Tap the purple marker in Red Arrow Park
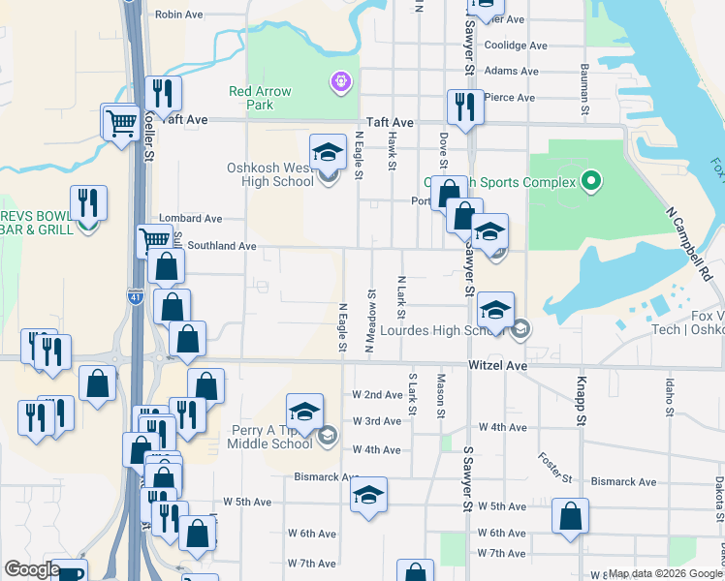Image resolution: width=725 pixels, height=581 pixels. click(340, 83)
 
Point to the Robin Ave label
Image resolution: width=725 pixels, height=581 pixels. click(179, 15)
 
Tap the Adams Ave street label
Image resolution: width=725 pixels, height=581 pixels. click(511, 71)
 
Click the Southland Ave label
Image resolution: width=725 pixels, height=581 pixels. click(221, 246)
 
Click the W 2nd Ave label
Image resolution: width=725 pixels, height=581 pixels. click(377, 395)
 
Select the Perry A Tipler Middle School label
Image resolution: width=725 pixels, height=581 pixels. click(260, 437)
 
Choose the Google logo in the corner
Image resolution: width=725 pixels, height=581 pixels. click(31, 569)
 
